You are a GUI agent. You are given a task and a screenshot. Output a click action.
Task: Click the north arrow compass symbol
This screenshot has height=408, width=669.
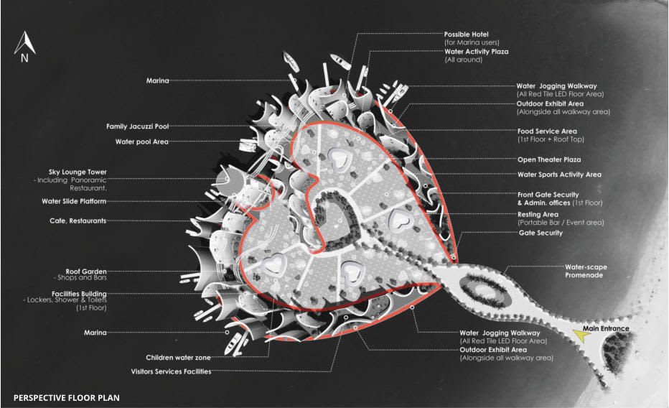pos(24,47)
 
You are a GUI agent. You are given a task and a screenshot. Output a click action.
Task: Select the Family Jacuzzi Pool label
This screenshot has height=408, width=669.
pos(138,126)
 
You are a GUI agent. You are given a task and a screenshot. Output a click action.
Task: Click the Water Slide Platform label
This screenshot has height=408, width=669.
pos(74,202)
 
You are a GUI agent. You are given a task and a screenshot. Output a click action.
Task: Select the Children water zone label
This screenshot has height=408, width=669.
pos(178,357)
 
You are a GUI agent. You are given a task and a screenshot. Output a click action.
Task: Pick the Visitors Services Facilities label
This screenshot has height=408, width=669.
pos(171,371)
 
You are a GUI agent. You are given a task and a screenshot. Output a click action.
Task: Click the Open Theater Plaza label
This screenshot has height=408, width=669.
pos(549,159)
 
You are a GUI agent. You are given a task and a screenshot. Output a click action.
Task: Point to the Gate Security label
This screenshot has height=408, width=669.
pos(541,233)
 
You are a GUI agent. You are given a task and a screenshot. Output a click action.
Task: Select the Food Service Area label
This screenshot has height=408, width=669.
pos(547,131)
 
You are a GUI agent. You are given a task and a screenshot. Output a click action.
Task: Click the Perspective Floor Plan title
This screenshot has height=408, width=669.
pos(67,397)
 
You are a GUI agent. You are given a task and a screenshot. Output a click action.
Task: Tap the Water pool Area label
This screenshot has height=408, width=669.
pos(141,142)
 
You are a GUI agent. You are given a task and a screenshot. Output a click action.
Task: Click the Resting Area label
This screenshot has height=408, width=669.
pos(538,214)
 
